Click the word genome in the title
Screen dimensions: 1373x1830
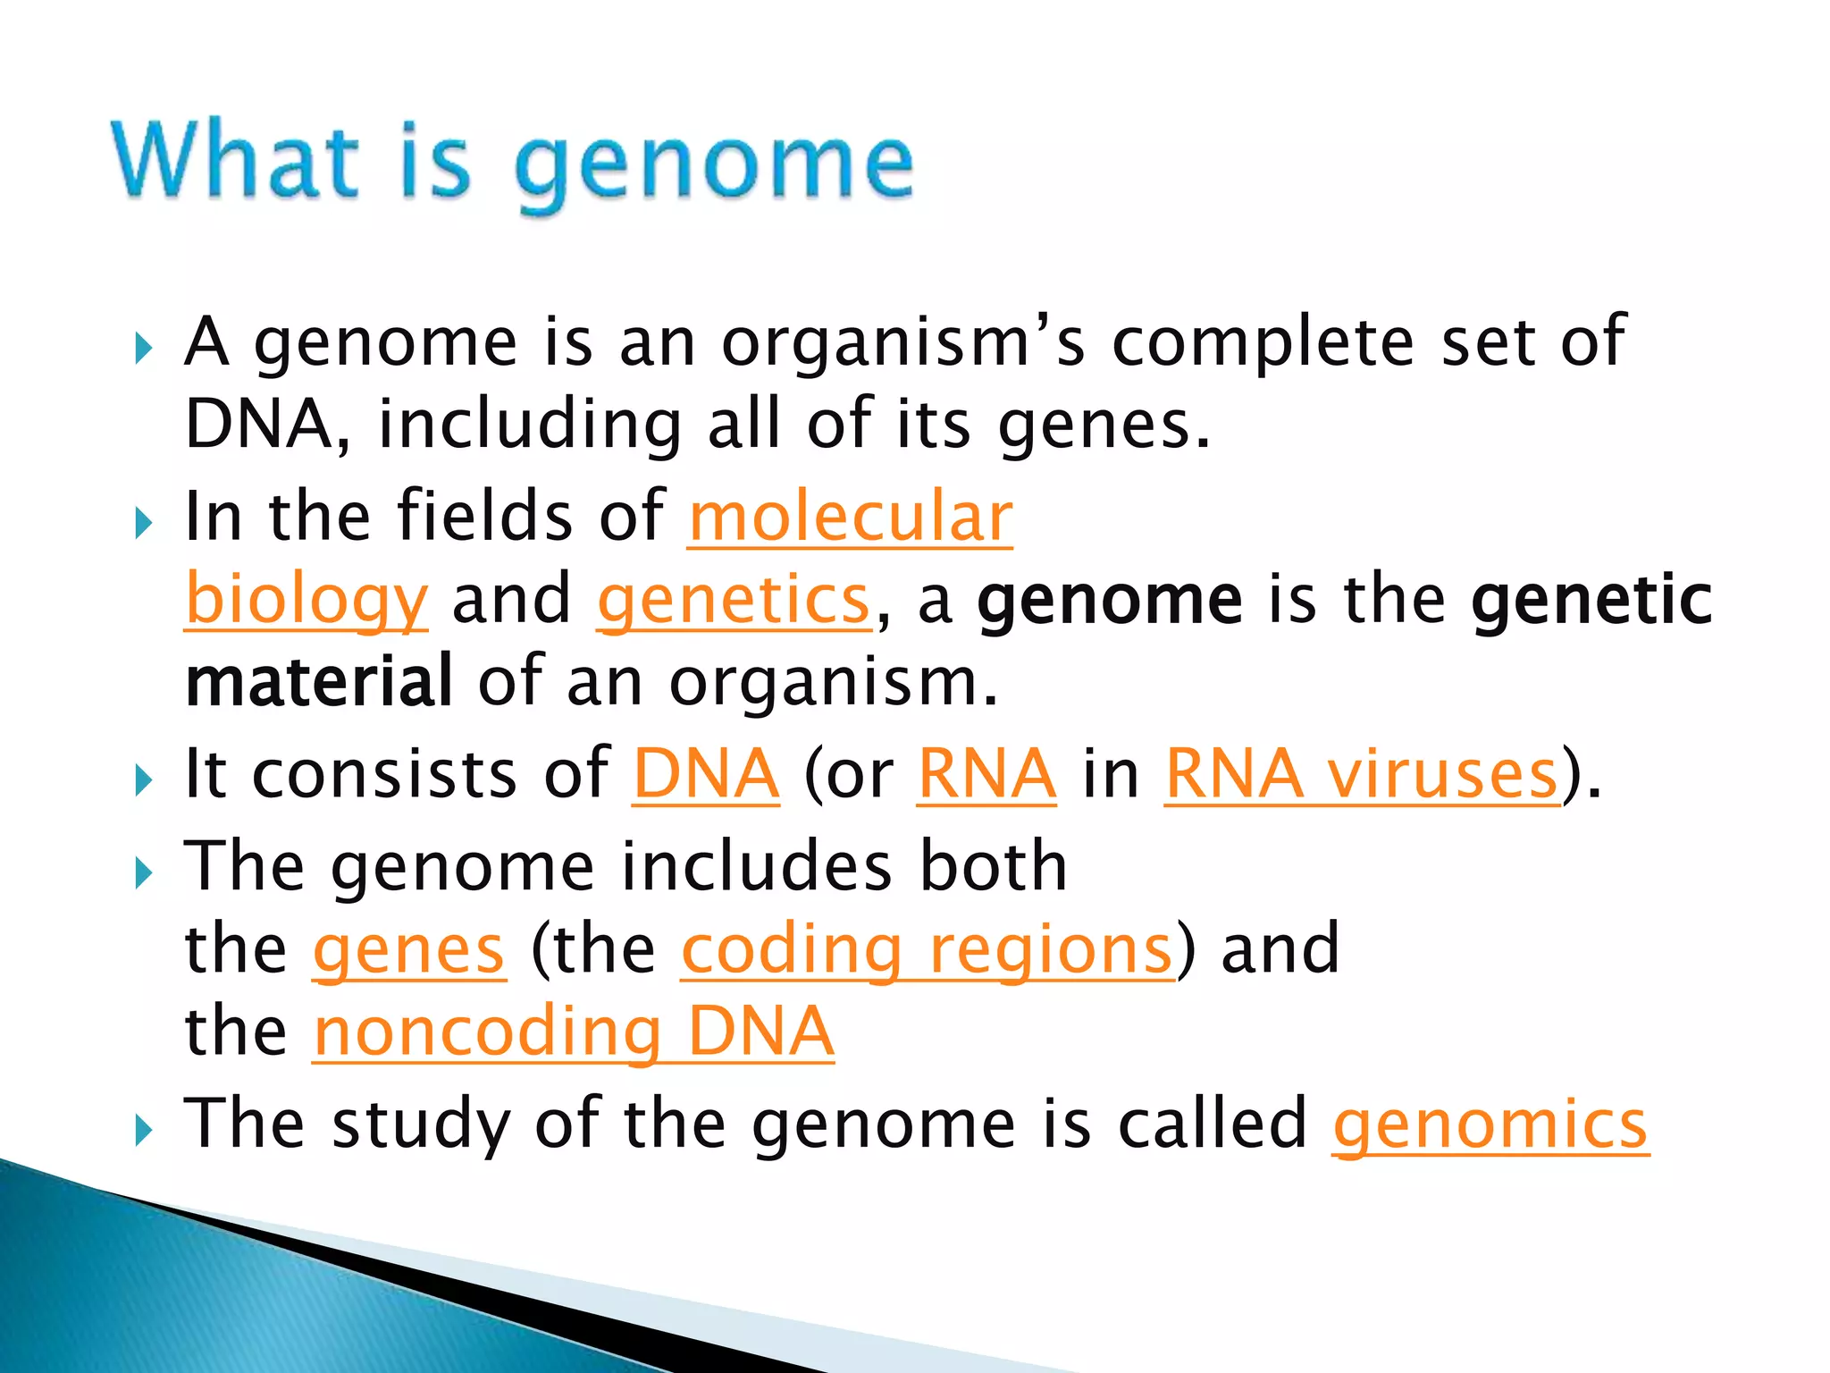713,165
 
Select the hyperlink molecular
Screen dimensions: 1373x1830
850,518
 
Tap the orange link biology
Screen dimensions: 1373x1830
306,601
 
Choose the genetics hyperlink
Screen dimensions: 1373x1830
734,601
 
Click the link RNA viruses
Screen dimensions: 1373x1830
1362,774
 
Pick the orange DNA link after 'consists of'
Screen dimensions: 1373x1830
706,774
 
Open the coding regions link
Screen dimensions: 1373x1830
927,949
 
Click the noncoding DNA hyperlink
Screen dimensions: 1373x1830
573,1032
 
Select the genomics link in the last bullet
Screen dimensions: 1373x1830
1490,1125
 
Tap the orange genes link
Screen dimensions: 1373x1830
409,949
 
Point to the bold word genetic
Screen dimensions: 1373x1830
1591,600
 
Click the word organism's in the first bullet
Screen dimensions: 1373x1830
902,342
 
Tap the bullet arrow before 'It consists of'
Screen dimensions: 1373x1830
143,780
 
